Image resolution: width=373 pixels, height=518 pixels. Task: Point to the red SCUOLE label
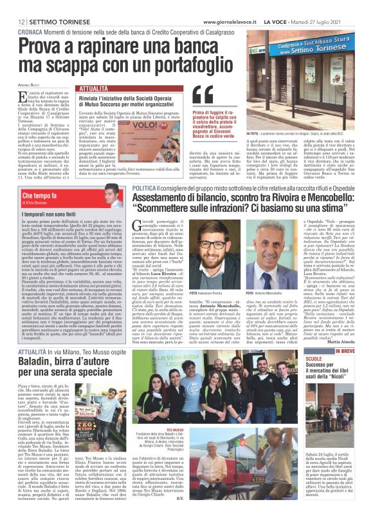[332, 358]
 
